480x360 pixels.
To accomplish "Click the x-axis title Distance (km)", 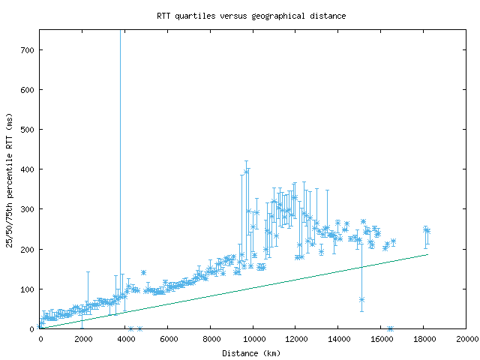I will point(251,352).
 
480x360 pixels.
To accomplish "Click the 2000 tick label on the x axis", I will point(82,339).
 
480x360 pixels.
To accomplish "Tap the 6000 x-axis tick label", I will point(168,339).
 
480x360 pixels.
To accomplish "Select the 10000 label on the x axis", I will point(253,339).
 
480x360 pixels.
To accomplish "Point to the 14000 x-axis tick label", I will point(338,339).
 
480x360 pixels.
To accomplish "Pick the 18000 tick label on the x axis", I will point(424,339).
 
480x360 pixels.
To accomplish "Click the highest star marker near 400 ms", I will point(246,171).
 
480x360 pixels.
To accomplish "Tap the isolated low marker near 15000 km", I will point(361,299).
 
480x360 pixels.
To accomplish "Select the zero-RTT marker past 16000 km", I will point(390,328).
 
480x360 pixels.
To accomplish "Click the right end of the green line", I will point(427,254).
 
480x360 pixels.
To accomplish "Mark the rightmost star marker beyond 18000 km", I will point(427,231).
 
